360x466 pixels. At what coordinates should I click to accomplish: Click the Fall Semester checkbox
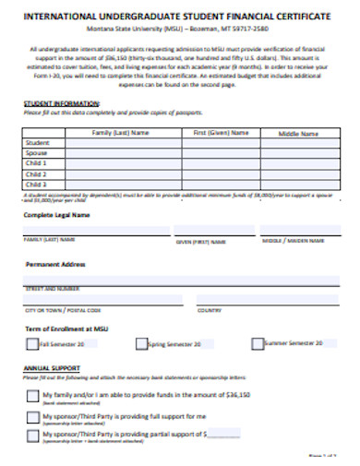[32, 345]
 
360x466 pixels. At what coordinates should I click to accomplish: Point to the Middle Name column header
[296, 133]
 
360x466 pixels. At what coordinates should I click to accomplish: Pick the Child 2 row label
[38, 174]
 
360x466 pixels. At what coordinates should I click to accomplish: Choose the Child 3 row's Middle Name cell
[296, 185]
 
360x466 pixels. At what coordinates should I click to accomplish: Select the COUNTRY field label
[209, 310]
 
